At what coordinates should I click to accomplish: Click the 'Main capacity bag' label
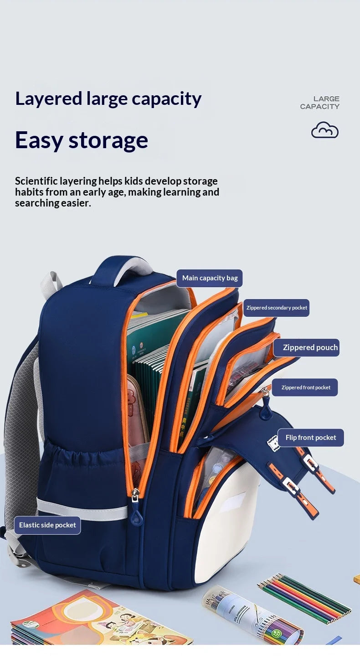209,278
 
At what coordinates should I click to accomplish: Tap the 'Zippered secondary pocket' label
276,308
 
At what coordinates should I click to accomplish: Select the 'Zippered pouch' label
306,348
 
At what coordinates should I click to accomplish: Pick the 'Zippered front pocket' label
305,387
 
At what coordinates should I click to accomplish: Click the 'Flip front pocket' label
310,438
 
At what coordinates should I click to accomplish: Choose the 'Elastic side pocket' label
47,525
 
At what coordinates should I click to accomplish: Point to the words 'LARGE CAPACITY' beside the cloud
319,103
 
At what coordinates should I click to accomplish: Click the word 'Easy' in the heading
39,140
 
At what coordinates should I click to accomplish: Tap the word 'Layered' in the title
49,99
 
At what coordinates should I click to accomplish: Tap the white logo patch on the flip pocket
273,443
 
